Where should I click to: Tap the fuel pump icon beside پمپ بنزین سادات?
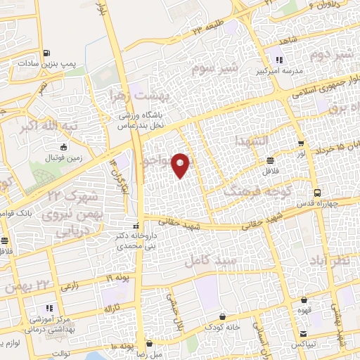[46, 53]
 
